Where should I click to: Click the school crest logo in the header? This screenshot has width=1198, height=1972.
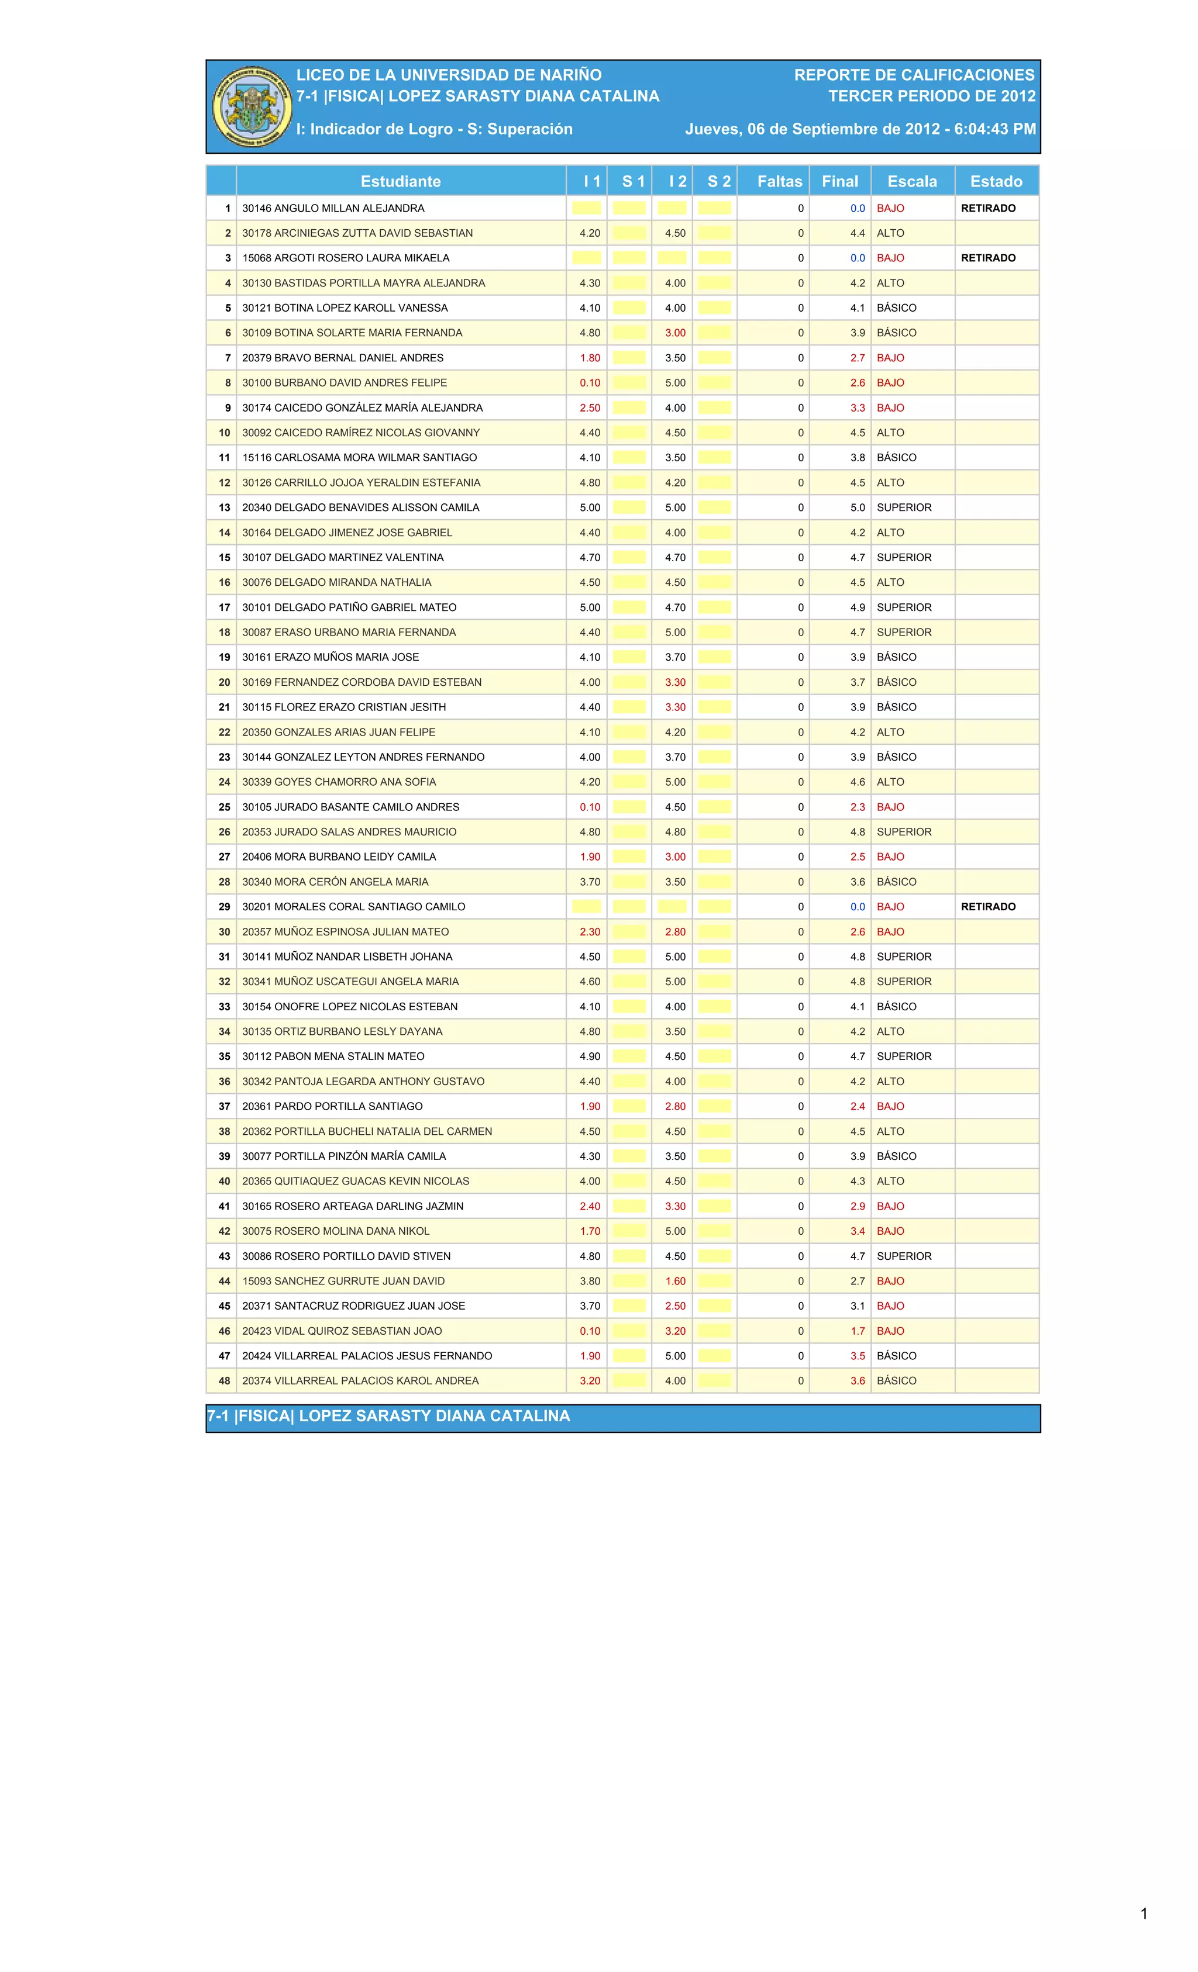click(250, 106)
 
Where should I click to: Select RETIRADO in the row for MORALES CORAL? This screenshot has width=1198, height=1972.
click(987, 907)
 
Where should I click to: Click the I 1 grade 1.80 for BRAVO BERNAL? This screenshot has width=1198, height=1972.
click(590, 358)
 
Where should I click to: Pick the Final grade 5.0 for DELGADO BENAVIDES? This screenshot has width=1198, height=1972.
click(857, 507)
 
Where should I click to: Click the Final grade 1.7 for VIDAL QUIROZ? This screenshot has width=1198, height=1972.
click(857, 1331)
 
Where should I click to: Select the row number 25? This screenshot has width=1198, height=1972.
click(224, 807)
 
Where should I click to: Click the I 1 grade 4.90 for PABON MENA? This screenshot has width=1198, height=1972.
click(590, 1056)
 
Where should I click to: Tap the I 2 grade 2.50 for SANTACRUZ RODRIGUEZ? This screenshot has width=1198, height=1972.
click(675, 1306)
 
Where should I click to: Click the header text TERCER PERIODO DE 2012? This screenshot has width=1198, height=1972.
click(931, 96)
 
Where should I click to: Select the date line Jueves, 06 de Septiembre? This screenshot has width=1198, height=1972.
click(860, 129)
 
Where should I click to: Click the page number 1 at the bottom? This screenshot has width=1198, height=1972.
click(1144, 1914)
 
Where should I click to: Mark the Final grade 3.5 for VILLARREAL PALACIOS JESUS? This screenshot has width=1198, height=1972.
click(857, 1356)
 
